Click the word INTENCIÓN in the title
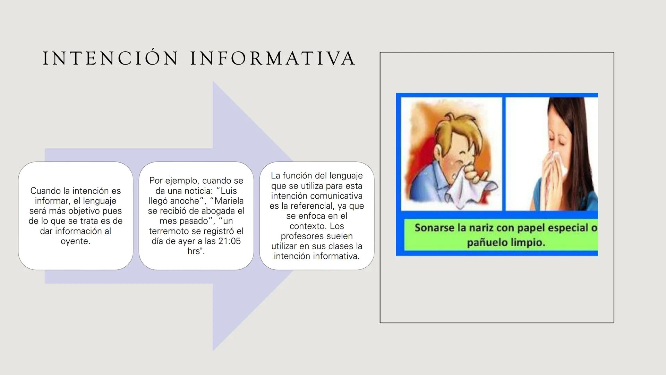pos(110,58)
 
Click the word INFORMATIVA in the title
pos(273,58)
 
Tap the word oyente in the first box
pos(75,241)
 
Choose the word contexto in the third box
pos(307,226)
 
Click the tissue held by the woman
pos(557,167)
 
